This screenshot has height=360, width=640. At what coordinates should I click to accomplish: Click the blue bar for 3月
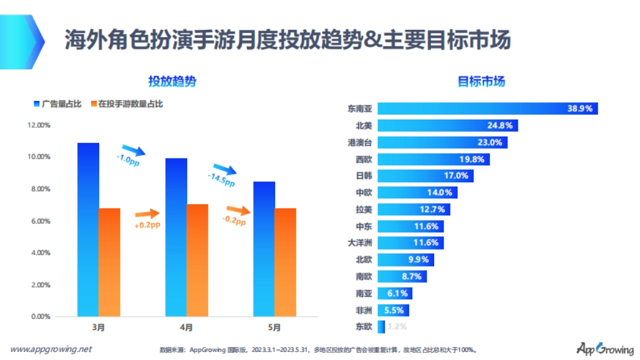(x=88, y=229)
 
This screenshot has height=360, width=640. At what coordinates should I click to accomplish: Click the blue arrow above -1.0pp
(x=133, y=149)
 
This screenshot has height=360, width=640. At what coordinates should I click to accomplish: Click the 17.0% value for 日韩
(x=456, y=175)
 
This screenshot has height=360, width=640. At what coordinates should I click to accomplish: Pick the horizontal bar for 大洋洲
(x=410, y=243)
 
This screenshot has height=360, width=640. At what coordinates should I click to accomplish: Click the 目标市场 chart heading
(x=481, y=82)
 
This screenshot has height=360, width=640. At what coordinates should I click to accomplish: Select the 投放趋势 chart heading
(x=172, y=82)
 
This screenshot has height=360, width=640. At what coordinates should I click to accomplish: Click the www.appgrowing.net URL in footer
(x=51, y=349)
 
